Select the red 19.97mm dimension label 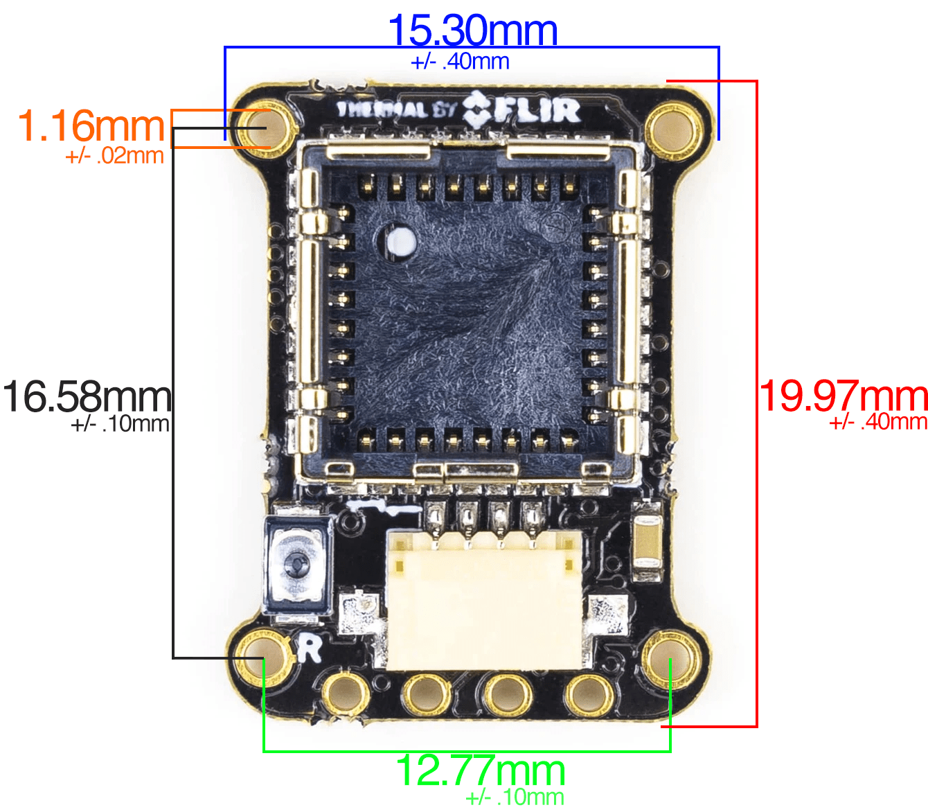[x=844, y=396]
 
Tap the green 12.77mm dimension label [x=481, y=770]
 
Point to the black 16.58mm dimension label [x=87, y=396]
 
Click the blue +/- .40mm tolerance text [x=460, y=61]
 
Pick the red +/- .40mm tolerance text [x=878, y=422]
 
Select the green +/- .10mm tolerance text [x=515, y=797]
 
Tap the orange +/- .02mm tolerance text [x=114, y=156]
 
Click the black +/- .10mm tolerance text [x=121, y=424]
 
